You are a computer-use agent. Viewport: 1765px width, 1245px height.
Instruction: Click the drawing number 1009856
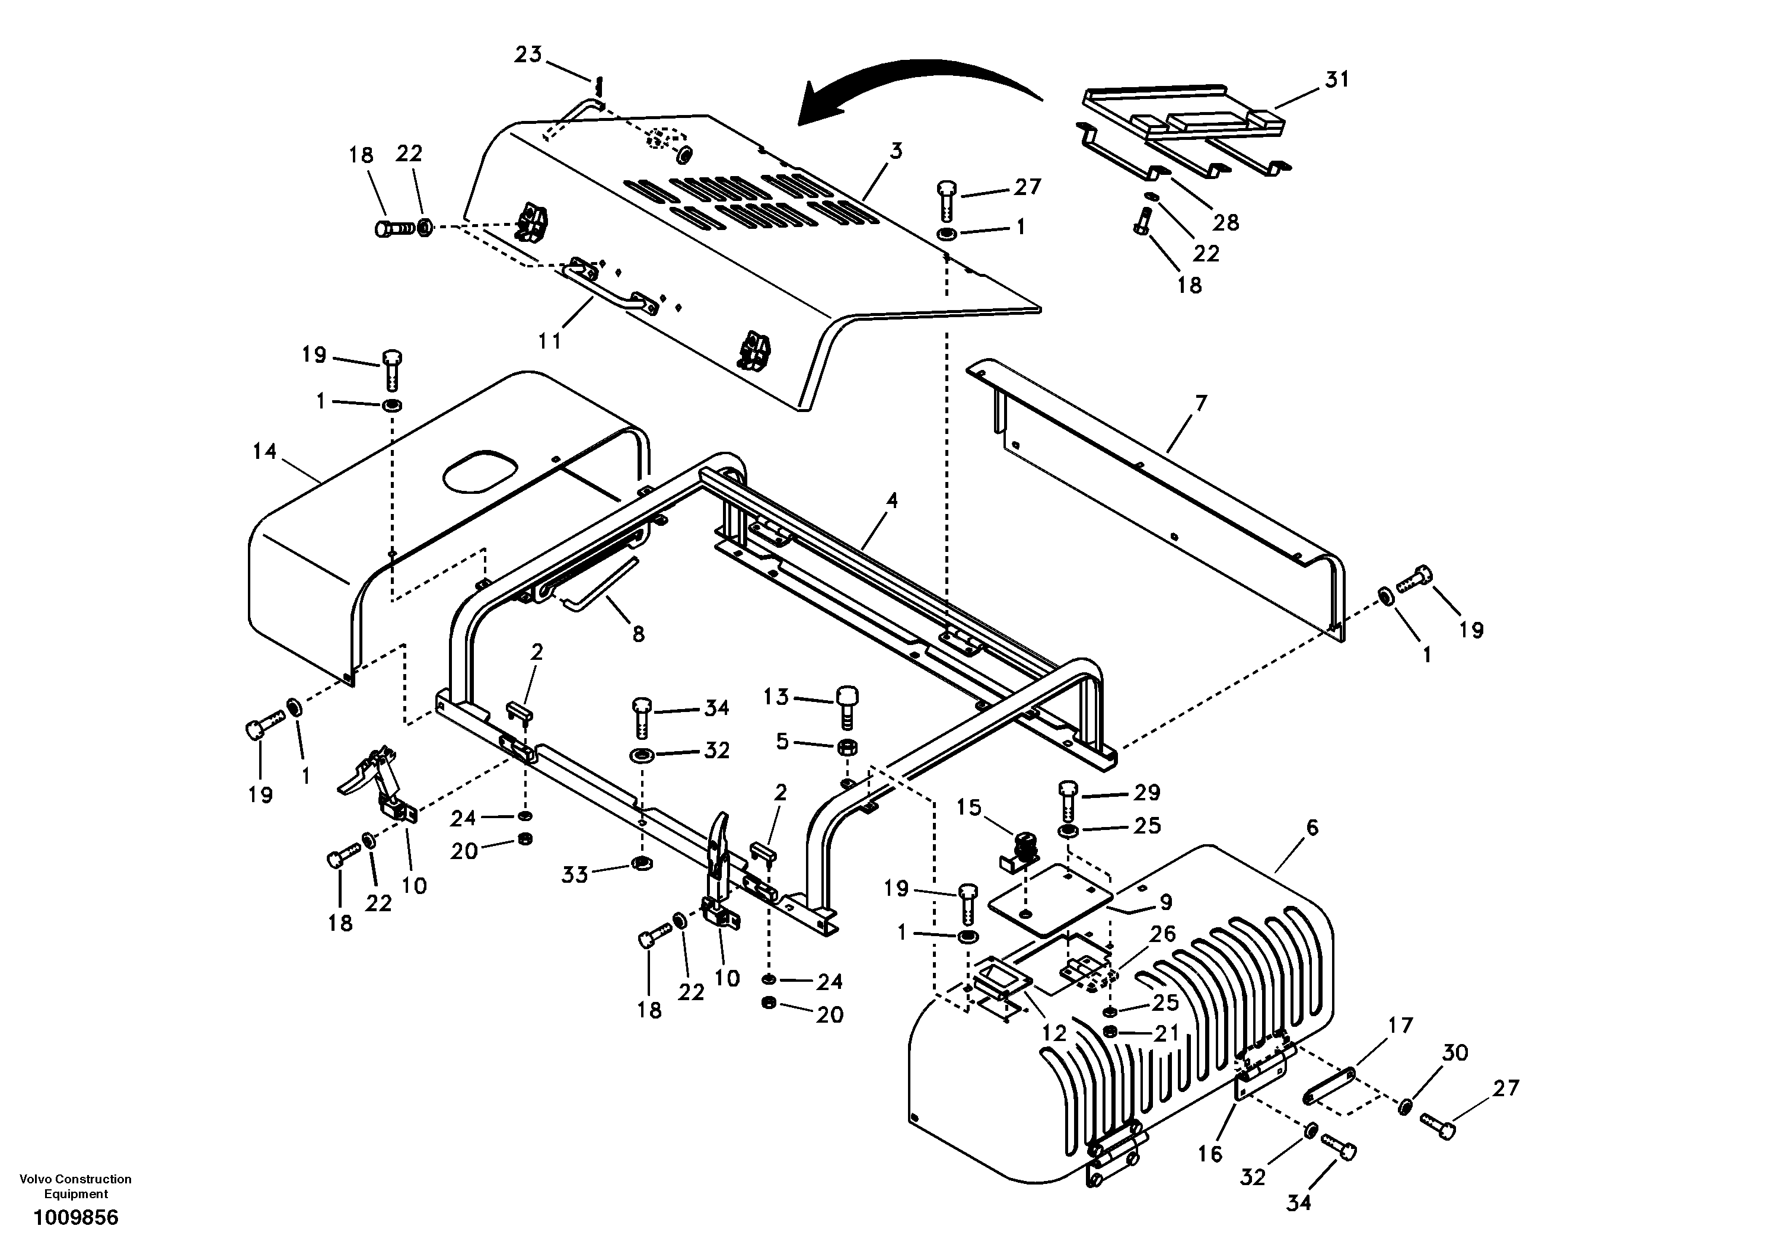[x=75, y=1217]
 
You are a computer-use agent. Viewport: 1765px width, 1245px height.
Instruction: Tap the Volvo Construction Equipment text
[x=75, y=1186]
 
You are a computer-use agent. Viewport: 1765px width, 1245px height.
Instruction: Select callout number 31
[x=1337, y=79]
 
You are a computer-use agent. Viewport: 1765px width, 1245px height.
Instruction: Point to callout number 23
[x=528, y=55]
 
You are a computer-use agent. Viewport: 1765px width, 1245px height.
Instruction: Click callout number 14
[x=265, y=451]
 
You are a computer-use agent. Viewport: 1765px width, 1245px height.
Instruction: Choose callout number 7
[x=1201, y=403]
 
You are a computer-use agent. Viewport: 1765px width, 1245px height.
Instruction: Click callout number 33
[x=574, y=874]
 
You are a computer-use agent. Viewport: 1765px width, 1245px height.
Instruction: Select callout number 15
[x=968, y=807]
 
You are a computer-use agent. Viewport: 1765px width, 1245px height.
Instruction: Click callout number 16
[x=1210, y=1154]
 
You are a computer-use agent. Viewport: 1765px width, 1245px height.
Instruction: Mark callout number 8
[x=638, y=634]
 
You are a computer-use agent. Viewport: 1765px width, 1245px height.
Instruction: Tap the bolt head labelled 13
[x=846, y=695]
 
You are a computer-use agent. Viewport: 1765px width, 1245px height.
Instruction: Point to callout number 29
[x=1147, y=792]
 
